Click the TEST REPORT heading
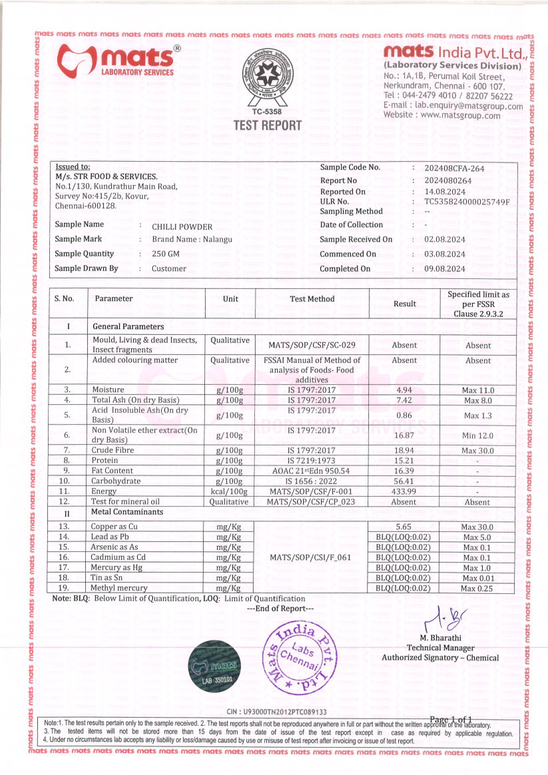tap(268, 126)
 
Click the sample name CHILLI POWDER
tap(182, 227)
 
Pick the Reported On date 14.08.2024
tap(445, 192)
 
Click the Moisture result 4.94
tap(404, 390)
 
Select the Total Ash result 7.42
tap(404, 400)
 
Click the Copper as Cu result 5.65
tap(403, 527)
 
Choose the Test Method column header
tap(312, 299)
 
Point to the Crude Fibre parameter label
tap(113, 450)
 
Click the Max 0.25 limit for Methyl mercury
tap(477, 588)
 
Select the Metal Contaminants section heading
tap(127, 512)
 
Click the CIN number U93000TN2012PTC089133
tap(276, 712)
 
